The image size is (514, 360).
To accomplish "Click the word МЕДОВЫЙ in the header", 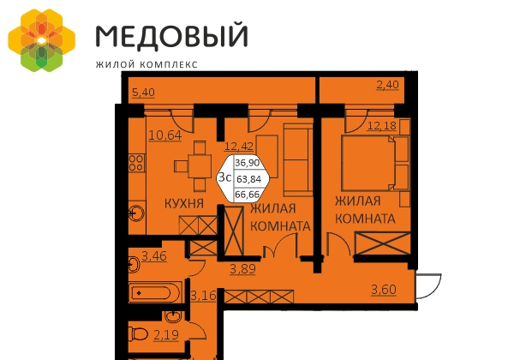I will pyautogui.click(x=170, y=36).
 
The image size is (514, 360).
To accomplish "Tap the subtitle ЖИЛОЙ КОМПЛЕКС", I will pyautogui.click(x=146, y=63).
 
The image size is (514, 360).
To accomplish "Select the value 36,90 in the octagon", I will pyautogui.click(x=248, y=161).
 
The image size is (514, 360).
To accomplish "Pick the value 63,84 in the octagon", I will pyautogui.click(x=248, y=178).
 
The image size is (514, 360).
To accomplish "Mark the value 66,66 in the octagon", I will pyautogui.click(x=248, y=195).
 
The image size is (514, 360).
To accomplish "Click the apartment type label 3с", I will pyautogui.click(x=225, y=177).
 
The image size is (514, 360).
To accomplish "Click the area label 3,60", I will pyautogui.click(x=385, y=289).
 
